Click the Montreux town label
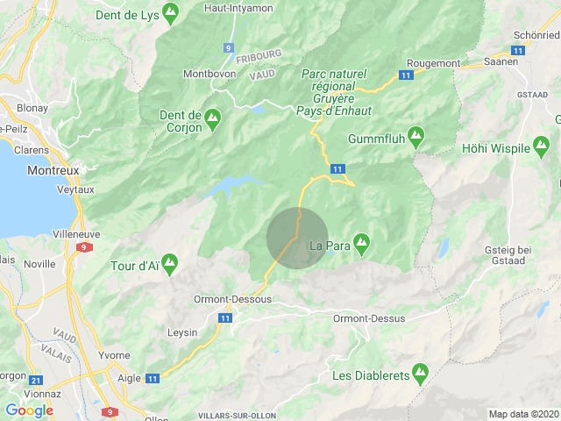(53, 170)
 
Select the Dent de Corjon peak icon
(213, 115)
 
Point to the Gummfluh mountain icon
(416, 136)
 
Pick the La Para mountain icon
(360, 240)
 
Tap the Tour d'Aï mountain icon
(170, 261)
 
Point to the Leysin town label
(183, 332)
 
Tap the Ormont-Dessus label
(369, 318)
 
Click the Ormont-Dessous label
(233, 299)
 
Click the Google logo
(29, 410)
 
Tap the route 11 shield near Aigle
(153, 379)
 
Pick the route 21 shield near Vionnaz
(35, 381)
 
